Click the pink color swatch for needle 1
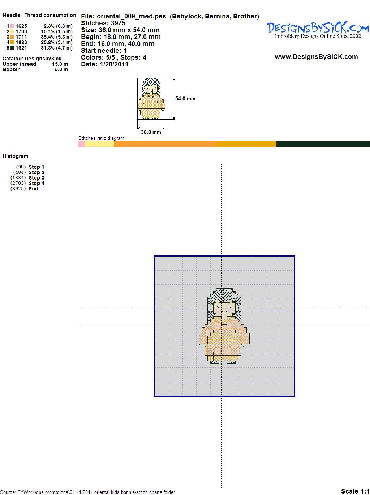click(12, 26)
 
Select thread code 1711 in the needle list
click(21, 37)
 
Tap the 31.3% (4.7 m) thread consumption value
click(57, 48)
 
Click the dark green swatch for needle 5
click(12, 48)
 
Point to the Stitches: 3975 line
click(103, 23)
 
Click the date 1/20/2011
click(114, 64)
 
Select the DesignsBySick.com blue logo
click(318, 30)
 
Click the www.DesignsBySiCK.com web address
click(316, 57)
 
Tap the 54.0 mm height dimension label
click(185, 99)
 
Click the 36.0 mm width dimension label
click(151, 132)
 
